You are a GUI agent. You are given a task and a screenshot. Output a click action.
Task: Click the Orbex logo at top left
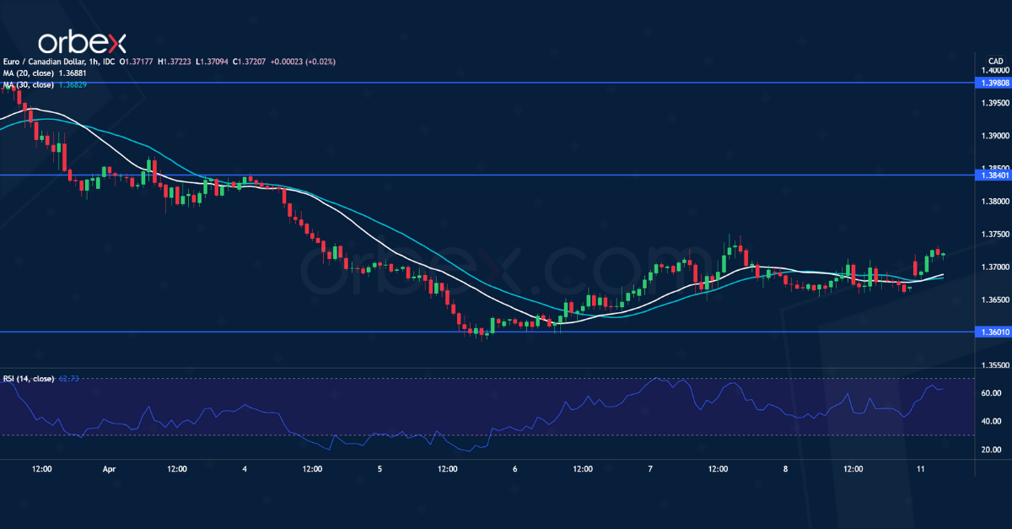(x=82, y=42)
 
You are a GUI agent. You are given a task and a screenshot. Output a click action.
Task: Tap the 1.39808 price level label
(x=988, y=83)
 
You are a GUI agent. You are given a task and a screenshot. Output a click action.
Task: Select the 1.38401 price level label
(x=988, y=175)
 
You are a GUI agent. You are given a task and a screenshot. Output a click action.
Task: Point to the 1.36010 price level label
(x=988, y=332)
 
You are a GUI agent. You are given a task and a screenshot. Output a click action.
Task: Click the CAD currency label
(x=994, y=62)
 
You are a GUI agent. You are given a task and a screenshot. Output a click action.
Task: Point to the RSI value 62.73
(x=68, y=379)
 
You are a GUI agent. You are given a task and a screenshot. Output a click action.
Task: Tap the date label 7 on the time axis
(x=650, y=469)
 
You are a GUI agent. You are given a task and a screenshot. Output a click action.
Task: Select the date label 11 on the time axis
(x=921, y=469)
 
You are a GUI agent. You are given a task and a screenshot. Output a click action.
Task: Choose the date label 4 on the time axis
(x=245, y=469)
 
